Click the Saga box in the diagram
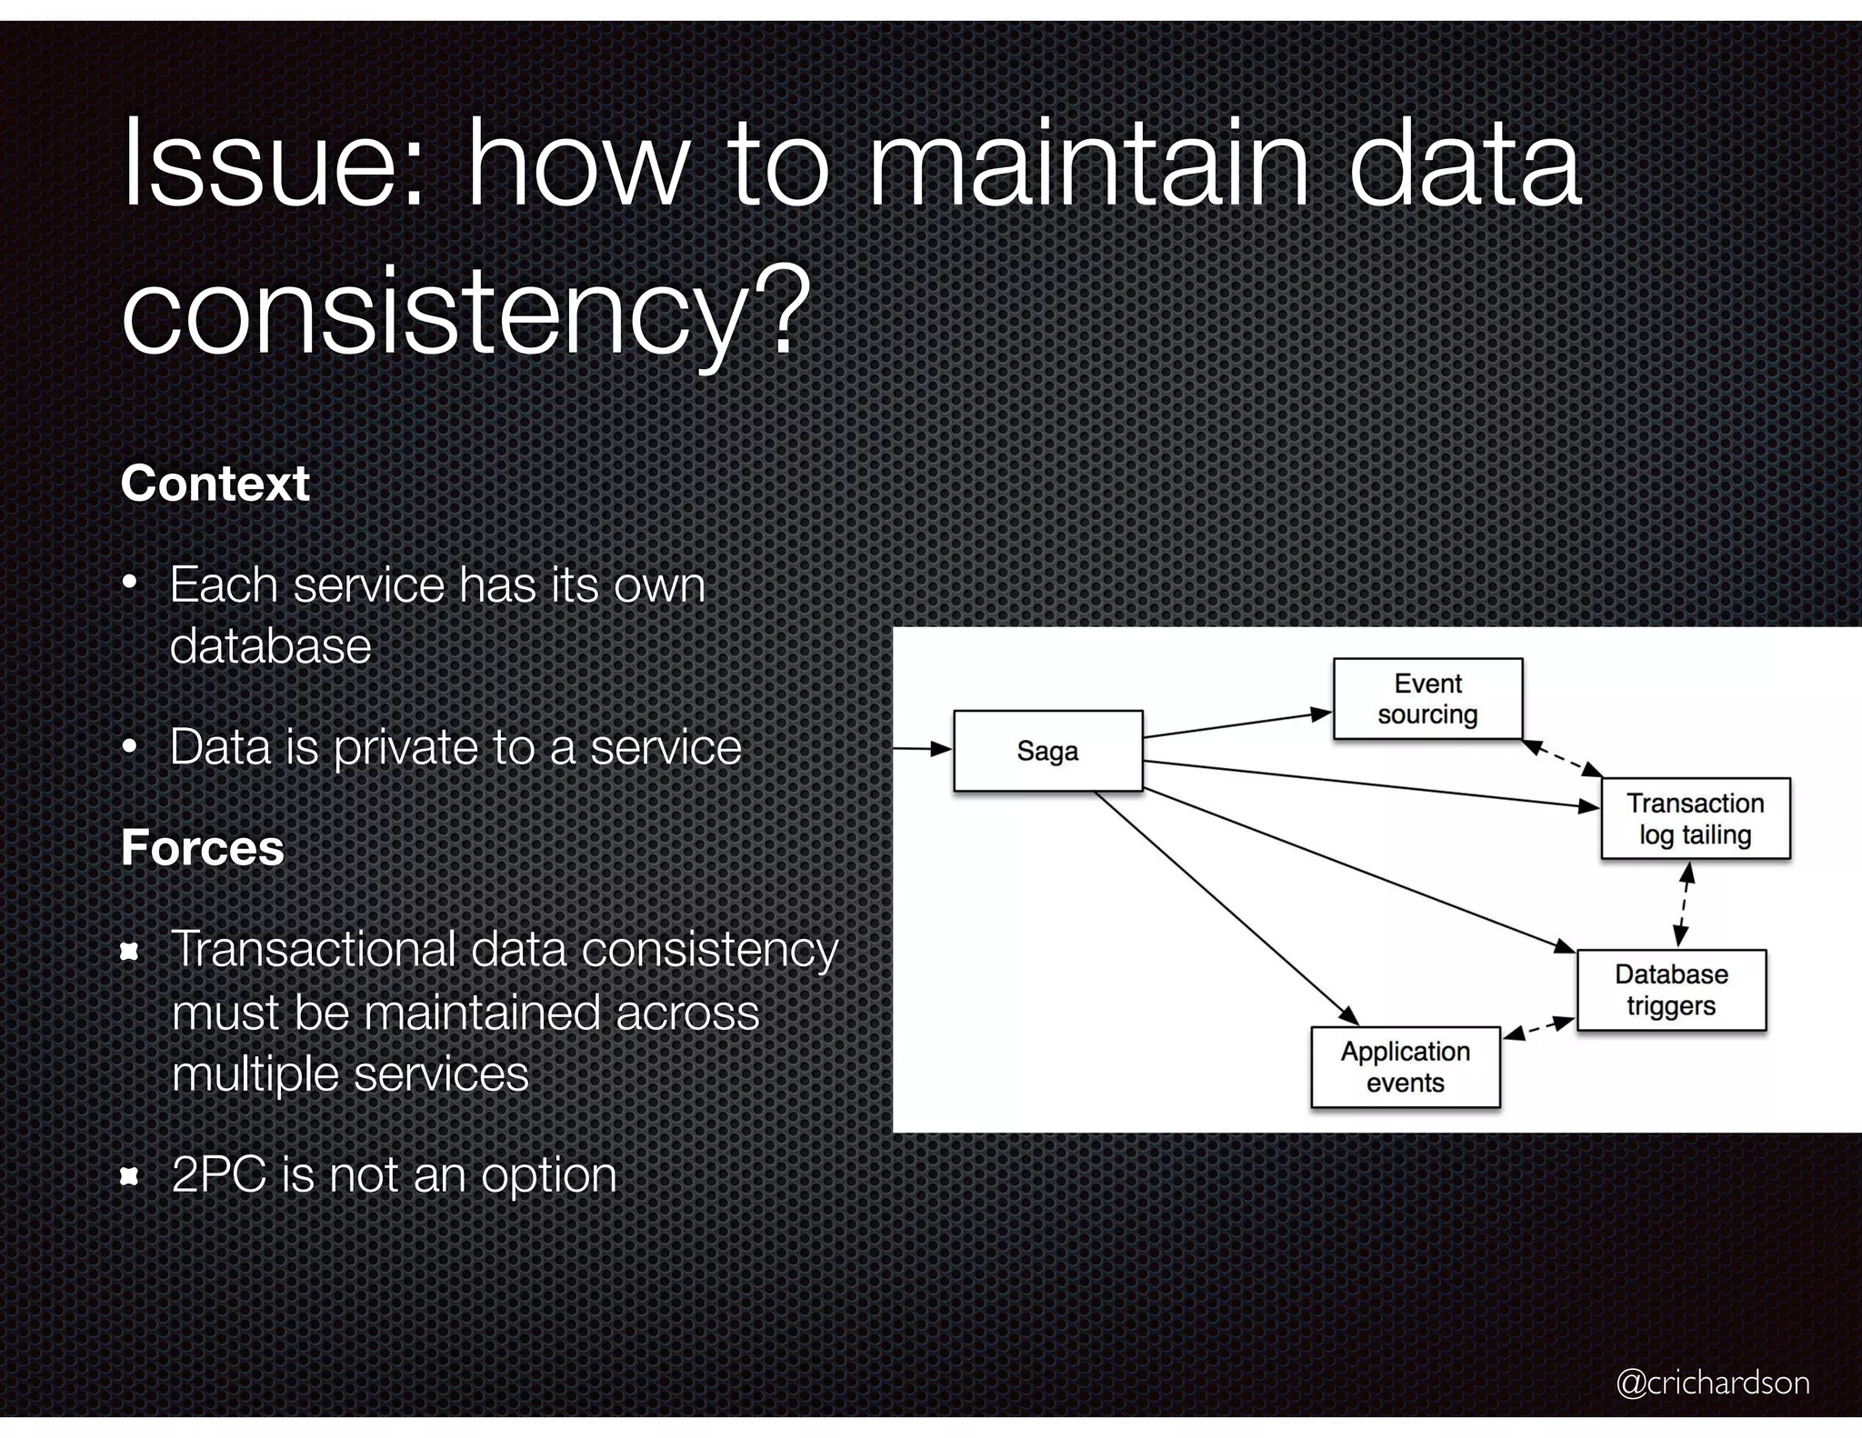pyautogui.click(x=1047, y=751)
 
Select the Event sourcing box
pyautogui.click(x=1427, y=699)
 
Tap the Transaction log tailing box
pyautogui.click(x=1695, y=818)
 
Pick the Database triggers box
pyautogui.click(x=1671, y=990)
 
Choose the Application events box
pyautogui.click(x=1405, y=1067)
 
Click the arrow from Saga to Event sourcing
pyautogui.click(x=1236, y=724)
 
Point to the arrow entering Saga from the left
pyautogui.click(x=922, y=750)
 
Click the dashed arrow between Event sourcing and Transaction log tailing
pyautogui.click(x=1562, y=759)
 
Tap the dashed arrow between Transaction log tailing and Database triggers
pyautogui.click(x=1684, y=904)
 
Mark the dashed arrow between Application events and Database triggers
pyautogui.click(x=1538, y=1028)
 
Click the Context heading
pyautogui.click(x=215, y=483)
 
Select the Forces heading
pyautogui.click(x=203, y=847)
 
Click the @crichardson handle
pyautogui.click(x=1712, y=1383)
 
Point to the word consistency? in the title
pyautogui.click(x=465, y=314)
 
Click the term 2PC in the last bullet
pyautogui.click(x=221, y=1174)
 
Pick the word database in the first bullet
pyautogui.click(x=271, y=646)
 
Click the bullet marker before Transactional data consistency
pyautogui.click(x=129, y=952)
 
